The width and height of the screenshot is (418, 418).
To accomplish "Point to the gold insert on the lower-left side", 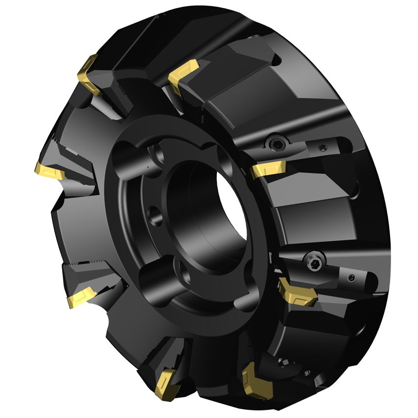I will click(x=81, y=296).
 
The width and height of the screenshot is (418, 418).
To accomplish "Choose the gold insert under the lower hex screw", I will click(x=297, y=292).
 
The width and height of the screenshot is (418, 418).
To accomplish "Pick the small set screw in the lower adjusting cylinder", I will click(x=352, y=278).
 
